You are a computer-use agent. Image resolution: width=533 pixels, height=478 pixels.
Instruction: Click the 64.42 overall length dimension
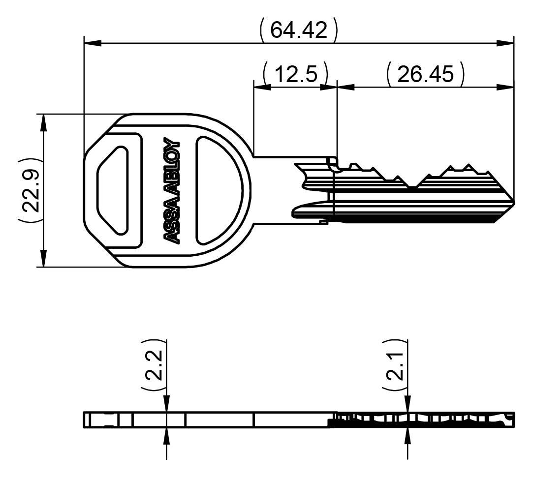[298, 30]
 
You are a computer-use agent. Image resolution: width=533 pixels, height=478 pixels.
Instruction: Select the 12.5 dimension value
[295, 74]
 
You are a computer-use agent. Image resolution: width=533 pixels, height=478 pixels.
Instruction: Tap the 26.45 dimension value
[425, 74]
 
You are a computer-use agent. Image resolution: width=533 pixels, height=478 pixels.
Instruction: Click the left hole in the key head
[113, 190]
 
